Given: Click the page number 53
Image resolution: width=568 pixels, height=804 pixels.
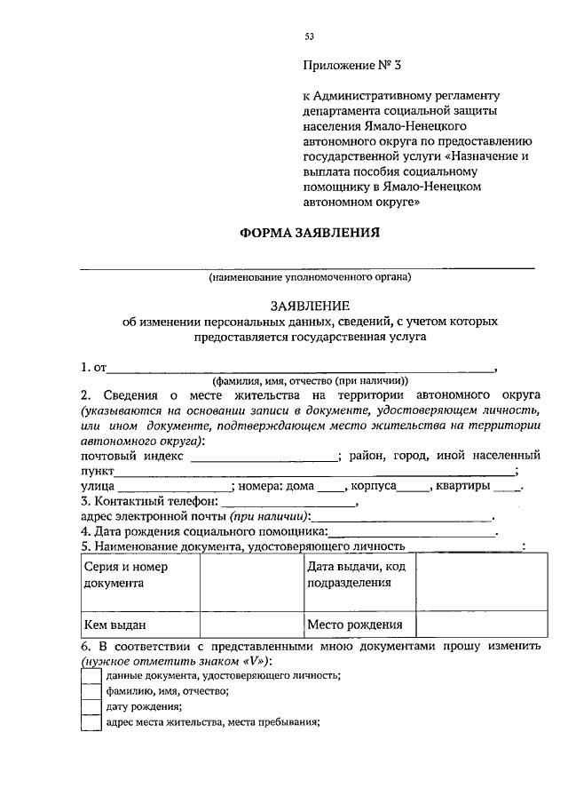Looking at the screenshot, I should [310, 36].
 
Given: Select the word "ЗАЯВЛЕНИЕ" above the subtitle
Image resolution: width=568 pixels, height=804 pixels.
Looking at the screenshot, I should [309, 304].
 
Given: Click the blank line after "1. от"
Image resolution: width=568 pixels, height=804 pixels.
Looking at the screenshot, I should [302, 368].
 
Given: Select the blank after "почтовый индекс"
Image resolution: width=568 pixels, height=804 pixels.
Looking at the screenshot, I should [264, 457].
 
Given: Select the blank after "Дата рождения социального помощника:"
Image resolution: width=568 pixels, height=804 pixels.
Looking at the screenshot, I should [412, 533].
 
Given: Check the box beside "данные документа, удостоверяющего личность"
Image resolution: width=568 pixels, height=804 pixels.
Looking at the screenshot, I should [91, 676].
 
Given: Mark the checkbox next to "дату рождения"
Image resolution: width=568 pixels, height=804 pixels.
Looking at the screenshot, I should [91, 707].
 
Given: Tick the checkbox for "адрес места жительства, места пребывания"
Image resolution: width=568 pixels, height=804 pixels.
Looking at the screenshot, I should [91, 722].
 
